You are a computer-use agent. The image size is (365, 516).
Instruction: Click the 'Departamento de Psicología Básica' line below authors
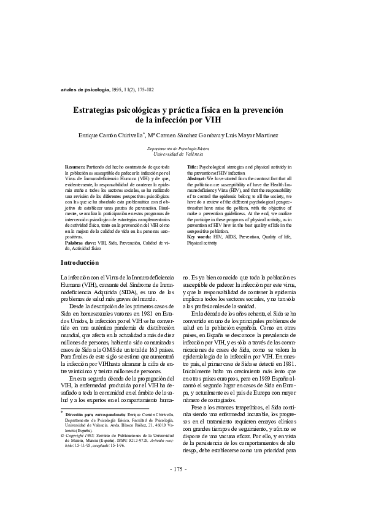[x=182, y=149]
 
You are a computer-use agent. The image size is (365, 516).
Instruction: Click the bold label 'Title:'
[x=192, y=167]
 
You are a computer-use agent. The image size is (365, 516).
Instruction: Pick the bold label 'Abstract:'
[x=198, y=178]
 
